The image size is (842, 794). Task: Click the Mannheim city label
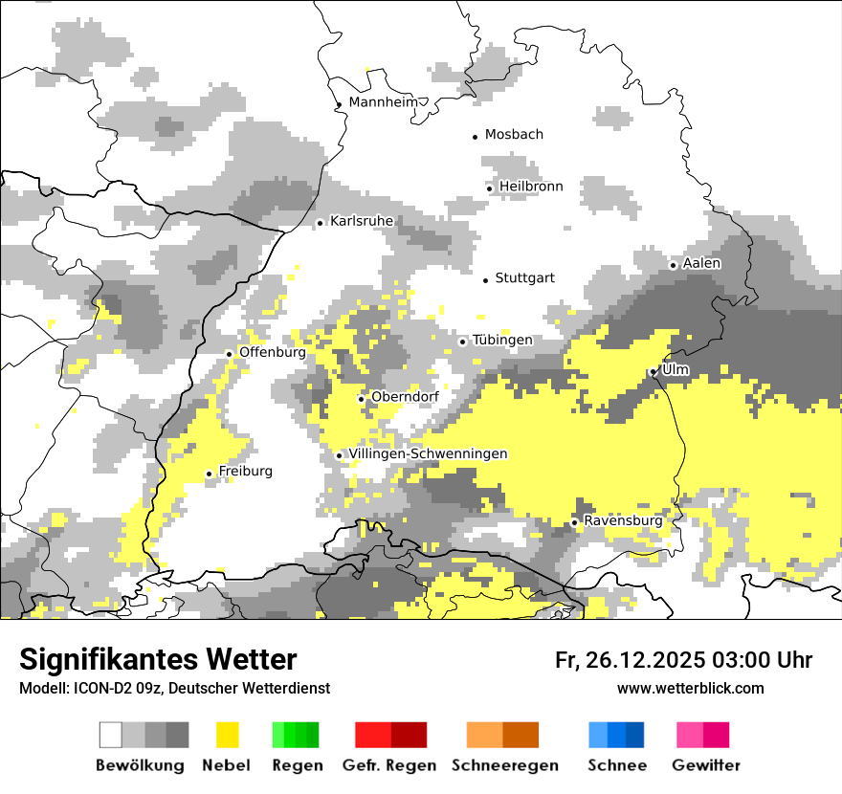tap(385, 102)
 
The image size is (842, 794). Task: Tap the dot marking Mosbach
tap(476, 137)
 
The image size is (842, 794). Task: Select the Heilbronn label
tap(531, 187)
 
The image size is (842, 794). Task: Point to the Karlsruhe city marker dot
tap(321, 224)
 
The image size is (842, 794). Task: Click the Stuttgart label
tap(524, 278)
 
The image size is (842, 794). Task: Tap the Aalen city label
tap(701, 263)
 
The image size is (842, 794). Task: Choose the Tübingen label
tap(502, 341)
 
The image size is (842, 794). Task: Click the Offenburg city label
tap(272, 352)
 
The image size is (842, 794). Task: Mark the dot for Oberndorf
tap(361, 399)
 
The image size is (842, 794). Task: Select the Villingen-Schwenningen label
tap(428, 453)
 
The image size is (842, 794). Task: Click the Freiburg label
tap(245, 472)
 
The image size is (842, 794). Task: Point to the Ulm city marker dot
tap(653, 372)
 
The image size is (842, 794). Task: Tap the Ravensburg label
tap(623, 521)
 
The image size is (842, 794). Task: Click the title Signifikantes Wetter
tap(158, 659)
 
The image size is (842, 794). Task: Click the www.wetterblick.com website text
tap(691, 689)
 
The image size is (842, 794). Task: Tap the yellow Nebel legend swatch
tap(228, 735)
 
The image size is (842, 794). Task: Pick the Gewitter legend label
tap(706, 765)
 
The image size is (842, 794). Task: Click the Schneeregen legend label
tap(505, 765)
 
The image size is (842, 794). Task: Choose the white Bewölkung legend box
tap(111, 735)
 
